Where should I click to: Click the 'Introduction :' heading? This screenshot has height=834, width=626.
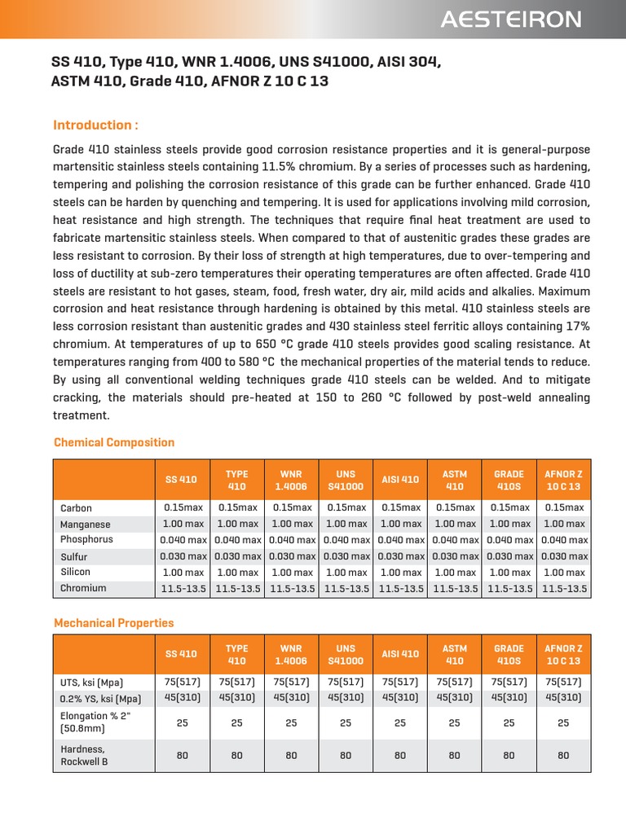point(95,125)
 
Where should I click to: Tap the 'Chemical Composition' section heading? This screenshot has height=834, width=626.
point(114,442)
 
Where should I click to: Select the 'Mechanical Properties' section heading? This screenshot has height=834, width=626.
point(114,622)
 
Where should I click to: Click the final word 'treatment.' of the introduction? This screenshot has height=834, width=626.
point(81,415)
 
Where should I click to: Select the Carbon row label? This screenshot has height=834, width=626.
point(77,508)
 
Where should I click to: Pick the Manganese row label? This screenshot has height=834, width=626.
point(86,525)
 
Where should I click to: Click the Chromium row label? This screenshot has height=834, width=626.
point(83,588)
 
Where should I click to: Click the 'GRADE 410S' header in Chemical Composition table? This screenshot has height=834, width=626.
point(509,480)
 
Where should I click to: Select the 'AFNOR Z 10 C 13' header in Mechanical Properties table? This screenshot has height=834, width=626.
point(563,655)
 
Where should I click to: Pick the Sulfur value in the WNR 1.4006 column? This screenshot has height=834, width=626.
point(292,556)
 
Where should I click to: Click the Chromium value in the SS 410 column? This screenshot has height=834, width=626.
point(183,588)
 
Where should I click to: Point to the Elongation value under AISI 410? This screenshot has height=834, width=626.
point(400,722)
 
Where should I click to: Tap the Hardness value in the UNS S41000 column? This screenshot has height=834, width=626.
point(346,755)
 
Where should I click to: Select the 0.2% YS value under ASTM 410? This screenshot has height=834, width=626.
point(455,697)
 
